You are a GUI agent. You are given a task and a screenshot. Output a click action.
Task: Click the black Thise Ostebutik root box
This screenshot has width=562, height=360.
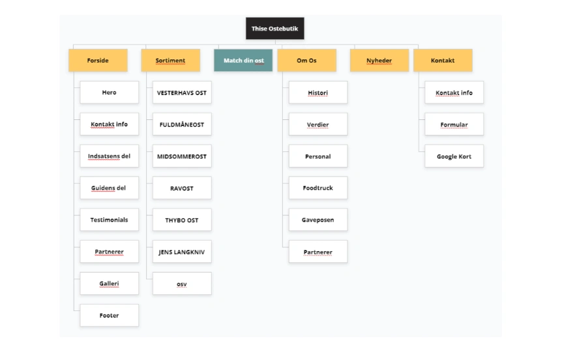point(275,28)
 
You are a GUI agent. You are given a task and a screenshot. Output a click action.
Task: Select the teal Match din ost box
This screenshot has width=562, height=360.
point(243,60)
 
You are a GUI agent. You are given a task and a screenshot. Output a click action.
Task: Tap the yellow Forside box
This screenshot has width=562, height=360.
point(98,60)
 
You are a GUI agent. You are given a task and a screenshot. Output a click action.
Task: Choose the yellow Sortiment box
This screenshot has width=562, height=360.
point(171,60)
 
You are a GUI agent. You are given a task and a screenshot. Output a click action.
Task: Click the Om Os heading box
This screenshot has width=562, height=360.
point(307,60)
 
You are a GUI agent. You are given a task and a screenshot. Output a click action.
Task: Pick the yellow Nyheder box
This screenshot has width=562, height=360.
point(379,60)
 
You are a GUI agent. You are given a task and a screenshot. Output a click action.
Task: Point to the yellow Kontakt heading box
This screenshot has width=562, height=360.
point(443,60)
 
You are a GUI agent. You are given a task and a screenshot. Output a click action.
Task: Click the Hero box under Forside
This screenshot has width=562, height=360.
point(110,92)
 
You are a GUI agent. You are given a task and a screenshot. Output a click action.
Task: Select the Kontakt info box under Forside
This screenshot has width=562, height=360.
point(110,124)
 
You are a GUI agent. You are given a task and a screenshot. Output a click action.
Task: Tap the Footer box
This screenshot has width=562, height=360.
point(110,315)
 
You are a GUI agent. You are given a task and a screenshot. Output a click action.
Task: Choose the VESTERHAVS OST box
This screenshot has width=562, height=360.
point(182,92)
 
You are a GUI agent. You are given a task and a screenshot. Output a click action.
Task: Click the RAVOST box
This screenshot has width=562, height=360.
point(182,188)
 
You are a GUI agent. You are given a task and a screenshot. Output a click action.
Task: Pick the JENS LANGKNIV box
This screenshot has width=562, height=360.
point(182,252)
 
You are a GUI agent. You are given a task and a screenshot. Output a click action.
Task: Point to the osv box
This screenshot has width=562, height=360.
point(182,284)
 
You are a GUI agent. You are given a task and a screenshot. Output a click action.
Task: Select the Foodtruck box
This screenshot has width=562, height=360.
point(318,188)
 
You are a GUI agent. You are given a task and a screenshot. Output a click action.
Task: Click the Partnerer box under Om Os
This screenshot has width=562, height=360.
point(318,252)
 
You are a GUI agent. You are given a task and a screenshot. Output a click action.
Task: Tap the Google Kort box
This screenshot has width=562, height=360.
point(454,156)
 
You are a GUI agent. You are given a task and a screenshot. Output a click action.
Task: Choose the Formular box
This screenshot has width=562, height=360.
point(454,124)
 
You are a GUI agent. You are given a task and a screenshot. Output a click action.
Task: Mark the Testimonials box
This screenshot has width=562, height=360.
point(110,220)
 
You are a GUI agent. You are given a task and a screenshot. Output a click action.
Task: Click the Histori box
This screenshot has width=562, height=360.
point(318,92)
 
